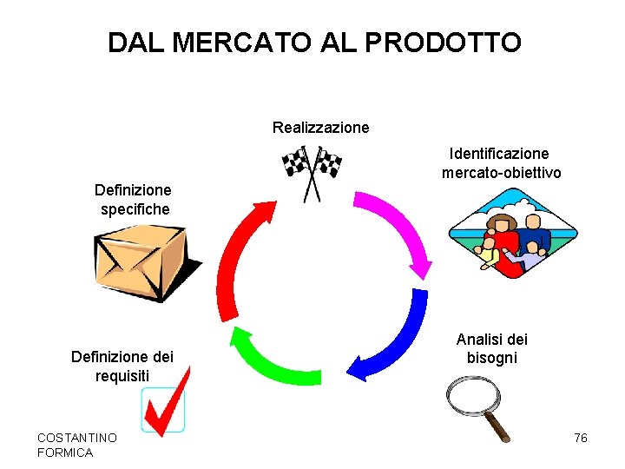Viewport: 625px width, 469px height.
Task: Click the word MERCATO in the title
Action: [x=227, y=42]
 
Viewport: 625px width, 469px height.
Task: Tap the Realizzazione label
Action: [x=320, y=128]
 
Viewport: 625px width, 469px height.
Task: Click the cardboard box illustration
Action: [x=143, y=261]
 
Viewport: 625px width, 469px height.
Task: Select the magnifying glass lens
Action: [x=470, y=394]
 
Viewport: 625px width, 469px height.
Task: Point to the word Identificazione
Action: [x=499, y=154]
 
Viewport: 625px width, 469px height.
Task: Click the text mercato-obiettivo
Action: [x=501, y=173]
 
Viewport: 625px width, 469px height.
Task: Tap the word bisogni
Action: [x=491, y=358]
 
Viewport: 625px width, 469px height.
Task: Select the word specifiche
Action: [x=135, y=209]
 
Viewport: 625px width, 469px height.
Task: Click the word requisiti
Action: [x=122, y=375]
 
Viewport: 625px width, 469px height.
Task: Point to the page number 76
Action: [x=581, y=438]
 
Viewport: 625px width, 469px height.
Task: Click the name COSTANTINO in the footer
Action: [x=76, y=438]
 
